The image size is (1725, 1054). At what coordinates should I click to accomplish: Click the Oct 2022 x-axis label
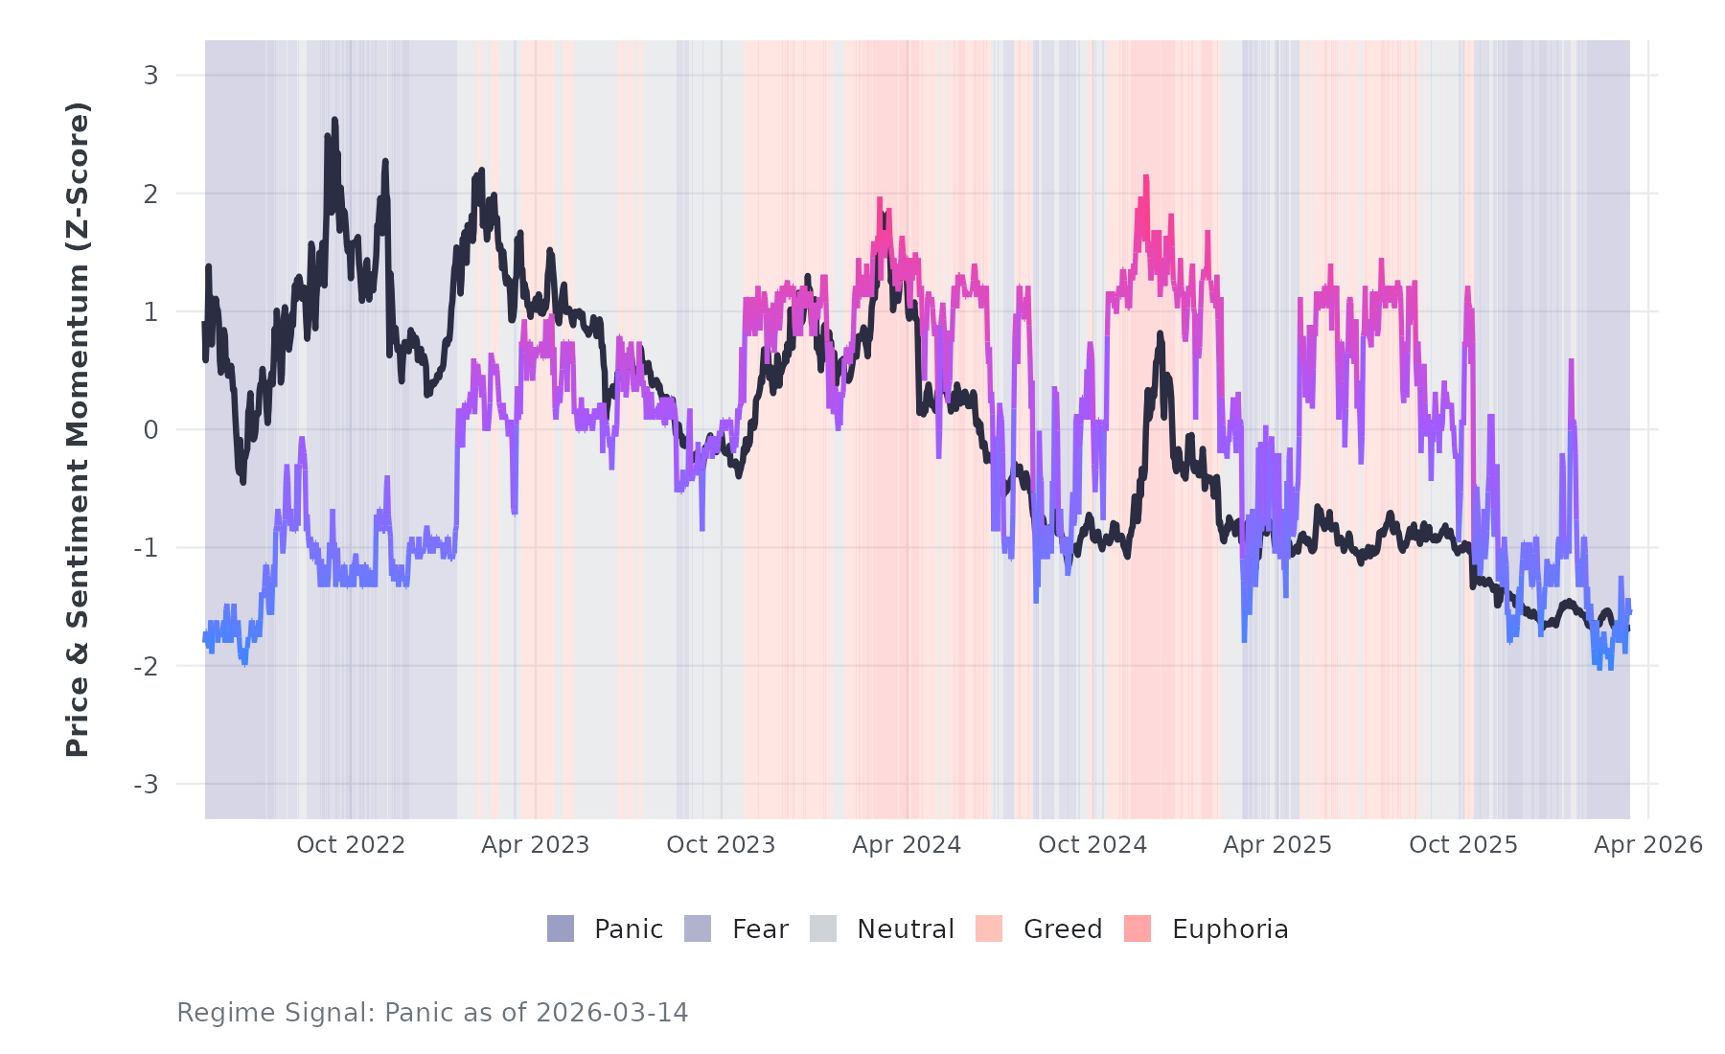pos(351,845)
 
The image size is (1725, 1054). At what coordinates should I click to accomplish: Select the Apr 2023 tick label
pos(535,845)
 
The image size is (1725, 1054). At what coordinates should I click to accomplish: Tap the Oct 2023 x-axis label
pos(721,845)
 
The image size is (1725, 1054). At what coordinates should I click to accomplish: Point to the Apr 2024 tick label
pos(907,845)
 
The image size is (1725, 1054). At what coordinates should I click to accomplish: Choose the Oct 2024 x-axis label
pos(1092,845)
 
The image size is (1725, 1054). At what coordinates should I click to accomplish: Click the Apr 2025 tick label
pos(1277,845)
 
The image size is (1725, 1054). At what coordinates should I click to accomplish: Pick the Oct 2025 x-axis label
pos(1463,845)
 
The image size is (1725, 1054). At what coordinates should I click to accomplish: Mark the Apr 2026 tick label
pos(1648,845)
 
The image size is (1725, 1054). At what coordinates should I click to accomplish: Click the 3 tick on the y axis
pos(151,75)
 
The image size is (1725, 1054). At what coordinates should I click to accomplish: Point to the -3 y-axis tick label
pos(147,785)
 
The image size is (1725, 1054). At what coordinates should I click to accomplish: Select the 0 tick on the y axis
pos(151,430)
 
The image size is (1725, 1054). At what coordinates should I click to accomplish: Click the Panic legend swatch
pos(561,928)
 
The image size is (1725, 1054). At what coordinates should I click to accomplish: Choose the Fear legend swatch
pos(698,928)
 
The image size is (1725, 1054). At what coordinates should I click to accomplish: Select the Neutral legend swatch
pos(823,928)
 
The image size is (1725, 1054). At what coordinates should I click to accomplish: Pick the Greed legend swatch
pos(989,928)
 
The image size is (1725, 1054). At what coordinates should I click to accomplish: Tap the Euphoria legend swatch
pos(1138,928)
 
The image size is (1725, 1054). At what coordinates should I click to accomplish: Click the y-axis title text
pos(78,429)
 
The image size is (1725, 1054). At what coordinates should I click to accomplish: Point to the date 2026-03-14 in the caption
pos(611,1013)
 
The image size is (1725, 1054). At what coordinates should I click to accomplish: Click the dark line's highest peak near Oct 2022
pos(334,120)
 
